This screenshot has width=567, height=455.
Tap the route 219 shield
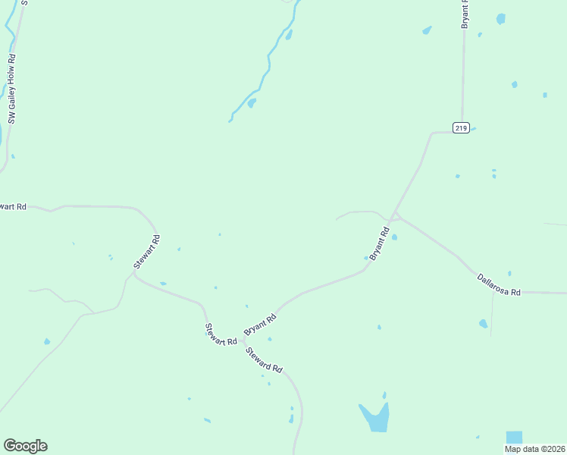click(x=461, y=127)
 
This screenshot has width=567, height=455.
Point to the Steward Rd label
click(x=264, y=359)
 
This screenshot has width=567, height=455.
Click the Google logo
click(x=25, y=446)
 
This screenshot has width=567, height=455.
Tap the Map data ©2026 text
click(x=535, y=449)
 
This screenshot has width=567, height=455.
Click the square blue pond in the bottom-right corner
click(x=514, y=437)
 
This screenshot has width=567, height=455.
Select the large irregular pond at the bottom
click(x=374, y=416)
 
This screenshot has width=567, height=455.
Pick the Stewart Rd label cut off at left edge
click(x=13, y=206)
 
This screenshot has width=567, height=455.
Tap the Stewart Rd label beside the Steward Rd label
click(x=221, y=335)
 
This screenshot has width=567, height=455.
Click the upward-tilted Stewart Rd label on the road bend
click(x=147, y=253)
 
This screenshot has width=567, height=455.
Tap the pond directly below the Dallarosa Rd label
click(x=483, y=324)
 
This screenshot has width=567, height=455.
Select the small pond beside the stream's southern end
click(x=251, y=102)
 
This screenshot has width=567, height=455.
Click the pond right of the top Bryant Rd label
click(x=500, y=18)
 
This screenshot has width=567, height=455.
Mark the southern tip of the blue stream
click(x=230, y=121)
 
